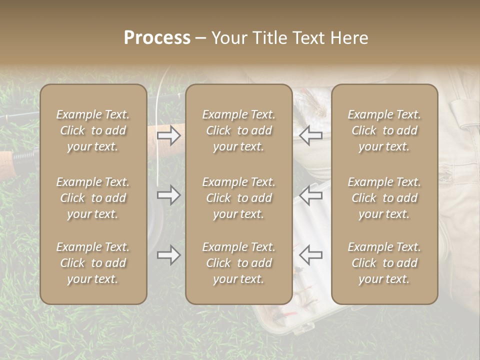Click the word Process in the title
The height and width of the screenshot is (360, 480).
(x=157, y=38)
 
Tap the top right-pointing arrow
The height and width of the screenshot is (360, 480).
(x=169, y=135)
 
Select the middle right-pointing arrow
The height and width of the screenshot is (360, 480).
(x=169, y=195)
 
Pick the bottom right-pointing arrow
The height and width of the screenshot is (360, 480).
(x=169, y=255)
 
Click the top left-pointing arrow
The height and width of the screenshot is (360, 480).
(x=310, y=135)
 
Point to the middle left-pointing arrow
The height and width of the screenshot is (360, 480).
(x=310, y=195)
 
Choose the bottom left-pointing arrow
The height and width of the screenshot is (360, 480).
(x=310, y=255)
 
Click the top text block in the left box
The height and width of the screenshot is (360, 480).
(x=93, y=130)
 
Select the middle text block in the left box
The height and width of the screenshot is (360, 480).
(x=93, y=198)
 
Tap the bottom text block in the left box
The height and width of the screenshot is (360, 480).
(x=93, y=263)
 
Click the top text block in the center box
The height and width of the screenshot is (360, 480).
(x=238, y=130)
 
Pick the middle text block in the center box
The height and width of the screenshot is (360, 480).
(x=238, y=198)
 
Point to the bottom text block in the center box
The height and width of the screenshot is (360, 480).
(x=238, y=263)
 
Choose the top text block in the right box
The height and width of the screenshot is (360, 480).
(x=384, y=130)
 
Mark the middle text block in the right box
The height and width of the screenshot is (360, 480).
(x=384, y=198)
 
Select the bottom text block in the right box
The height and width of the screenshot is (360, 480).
(x=384, y=263)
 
